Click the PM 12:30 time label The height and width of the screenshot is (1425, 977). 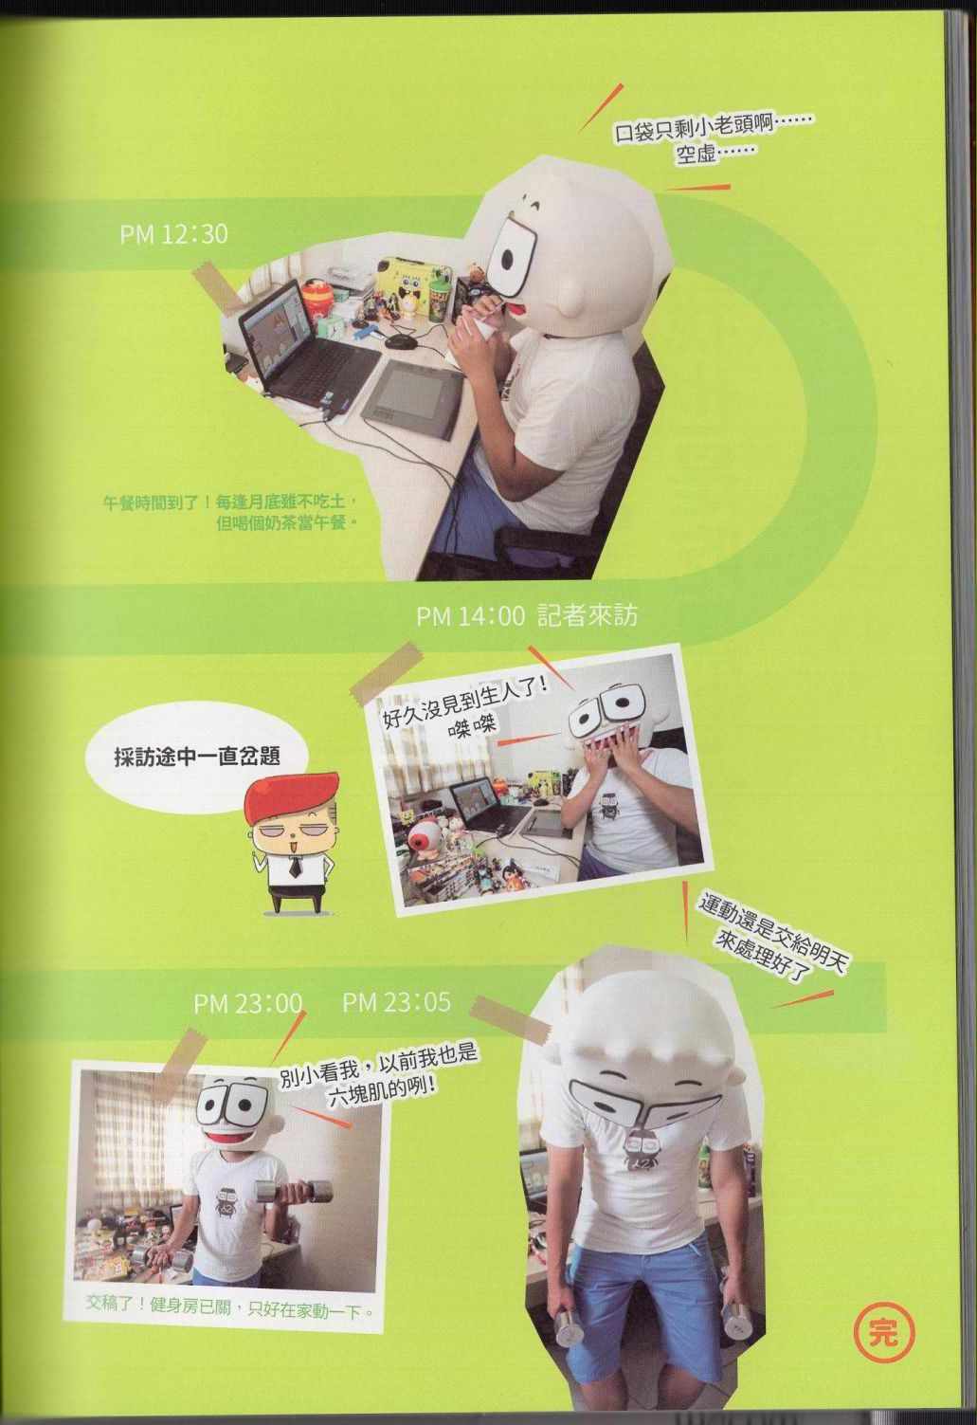click(x=173, y=234)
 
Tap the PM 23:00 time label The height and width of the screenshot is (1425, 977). click(x=247, y=1003)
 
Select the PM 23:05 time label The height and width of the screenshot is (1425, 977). click(x=397, y=1002)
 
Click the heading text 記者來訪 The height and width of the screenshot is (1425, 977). click(x=587, y=615)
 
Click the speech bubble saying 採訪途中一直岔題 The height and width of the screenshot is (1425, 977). click(x=197, y=757)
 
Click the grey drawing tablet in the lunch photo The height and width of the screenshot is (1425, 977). click(x=412, y=398)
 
